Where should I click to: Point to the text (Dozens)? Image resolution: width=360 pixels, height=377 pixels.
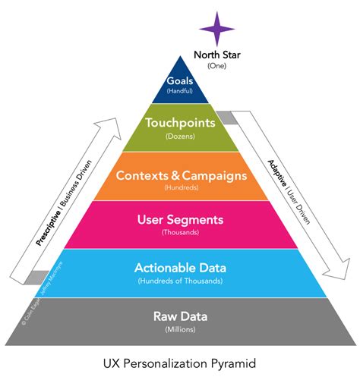180,137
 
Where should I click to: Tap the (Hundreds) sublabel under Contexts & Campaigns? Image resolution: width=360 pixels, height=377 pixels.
180,187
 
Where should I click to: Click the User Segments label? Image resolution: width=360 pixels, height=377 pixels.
180,220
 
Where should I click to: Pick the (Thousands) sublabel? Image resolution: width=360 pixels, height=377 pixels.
180,232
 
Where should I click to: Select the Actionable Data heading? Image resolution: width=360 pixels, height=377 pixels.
180,267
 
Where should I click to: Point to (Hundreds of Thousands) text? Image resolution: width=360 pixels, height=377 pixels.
180,280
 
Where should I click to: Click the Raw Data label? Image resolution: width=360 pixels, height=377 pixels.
180,316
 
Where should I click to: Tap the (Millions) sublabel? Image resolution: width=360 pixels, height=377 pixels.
180,329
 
